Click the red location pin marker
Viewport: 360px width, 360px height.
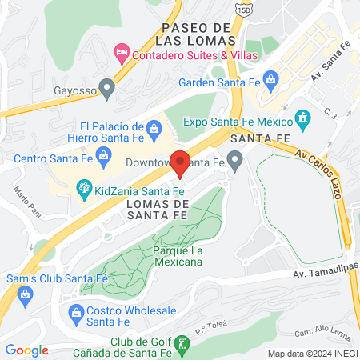click(182, 163)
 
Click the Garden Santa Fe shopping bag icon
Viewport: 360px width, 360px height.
click(271, 79)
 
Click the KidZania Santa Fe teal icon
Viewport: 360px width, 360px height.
click(82, 189)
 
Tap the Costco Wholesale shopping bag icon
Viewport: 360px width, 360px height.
click(77, 311)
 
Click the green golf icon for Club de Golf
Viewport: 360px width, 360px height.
click(182, 344)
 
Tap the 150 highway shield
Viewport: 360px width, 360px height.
click(242, 9)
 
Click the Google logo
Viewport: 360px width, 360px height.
click(26, 350)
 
